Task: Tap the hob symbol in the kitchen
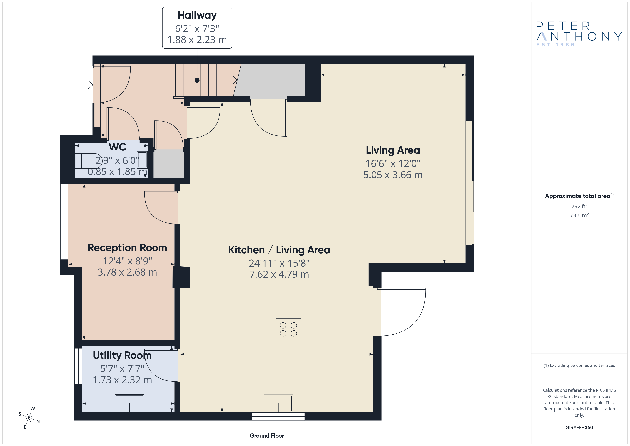click(288, 329)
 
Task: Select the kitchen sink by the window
click(278, 403)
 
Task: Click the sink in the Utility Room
click(129, 403)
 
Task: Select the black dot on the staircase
click(197, 80)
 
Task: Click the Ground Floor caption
click(267, 436)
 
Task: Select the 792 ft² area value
click(579, 206)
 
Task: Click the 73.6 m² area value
click(579, 215)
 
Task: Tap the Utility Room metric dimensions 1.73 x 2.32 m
click(122, 380)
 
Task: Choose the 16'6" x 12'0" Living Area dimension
click(393, 164)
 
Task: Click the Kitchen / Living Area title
click(279, 250)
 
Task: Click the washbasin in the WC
click(142, 160)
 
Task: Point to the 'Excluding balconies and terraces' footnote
click(579, 365)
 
